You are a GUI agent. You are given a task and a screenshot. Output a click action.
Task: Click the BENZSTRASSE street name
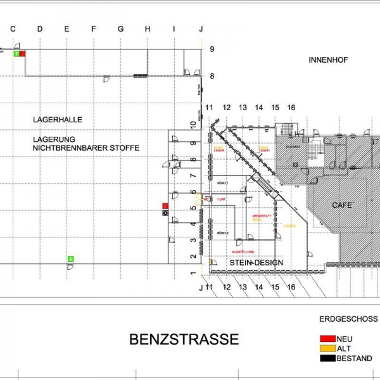(x=184, y=339)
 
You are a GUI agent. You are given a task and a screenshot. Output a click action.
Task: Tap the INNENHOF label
(x=329, y=60)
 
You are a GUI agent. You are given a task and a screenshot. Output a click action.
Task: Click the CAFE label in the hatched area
(x=343, y=205)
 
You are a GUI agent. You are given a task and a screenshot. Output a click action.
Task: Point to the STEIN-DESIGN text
(x=256, y=262)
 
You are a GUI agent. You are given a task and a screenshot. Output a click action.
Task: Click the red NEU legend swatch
(x=328, y=339)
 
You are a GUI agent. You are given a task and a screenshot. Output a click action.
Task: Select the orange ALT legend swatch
(x=328, y=348)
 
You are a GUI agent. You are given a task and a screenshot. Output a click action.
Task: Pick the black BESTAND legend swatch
(x=328, y=358)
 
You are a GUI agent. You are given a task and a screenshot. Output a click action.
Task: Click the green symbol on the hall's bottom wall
(x=70, y=258)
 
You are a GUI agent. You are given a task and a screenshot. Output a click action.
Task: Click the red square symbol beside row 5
(x=165, y=206)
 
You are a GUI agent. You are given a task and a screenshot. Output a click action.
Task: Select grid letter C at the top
(x=13, y=28)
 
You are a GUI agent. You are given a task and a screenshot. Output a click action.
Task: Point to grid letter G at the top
(x=120, y=28)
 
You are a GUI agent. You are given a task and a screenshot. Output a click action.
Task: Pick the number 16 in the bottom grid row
(x=291, y=287)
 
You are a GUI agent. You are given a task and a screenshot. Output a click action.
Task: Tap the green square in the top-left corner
(x=17, y=54)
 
